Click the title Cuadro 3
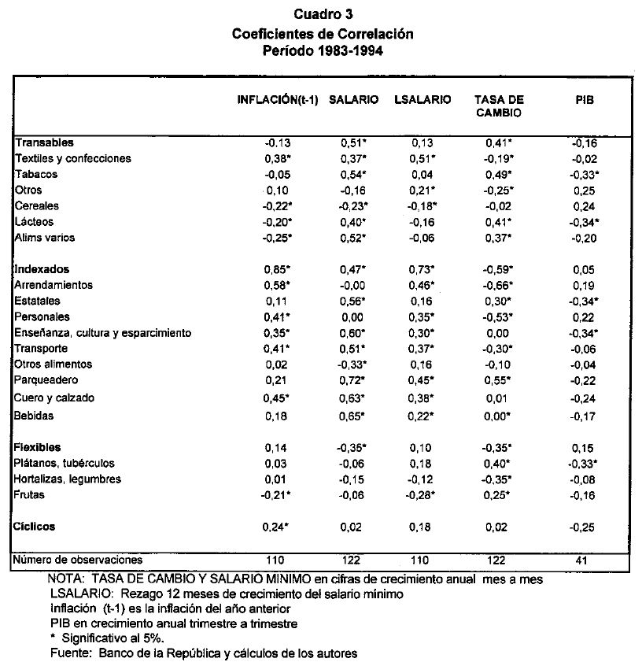tap(323, 14)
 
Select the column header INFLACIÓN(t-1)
tap(278, 100)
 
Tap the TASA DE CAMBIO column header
tap(499, 106)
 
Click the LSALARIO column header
tap(422, 100)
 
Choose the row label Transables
tap(44, 142)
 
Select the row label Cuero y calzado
tap(54, 398)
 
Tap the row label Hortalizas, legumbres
tap(68, 479)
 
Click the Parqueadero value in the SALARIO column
tap(354, 380)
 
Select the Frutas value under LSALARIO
tap(425, 494)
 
